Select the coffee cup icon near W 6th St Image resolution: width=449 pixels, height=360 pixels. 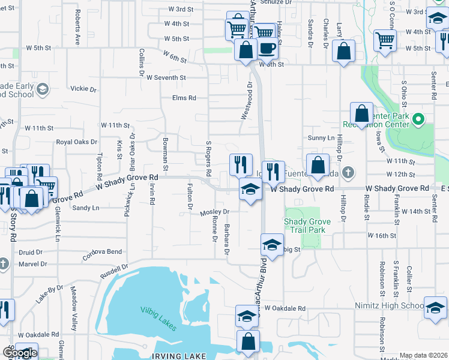point(267,48)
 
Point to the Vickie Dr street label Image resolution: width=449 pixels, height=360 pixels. point(83,89)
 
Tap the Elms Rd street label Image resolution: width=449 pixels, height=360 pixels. point(184,98)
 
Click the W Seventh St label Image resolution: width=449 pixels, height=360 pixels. point(166,77)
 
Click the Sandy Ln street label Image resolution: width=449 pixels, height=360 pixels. point(85,208)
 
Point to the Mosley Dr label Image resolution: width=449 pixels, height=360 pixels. point(215,212)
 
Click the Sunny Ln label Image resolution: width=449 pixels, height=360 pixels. point(321,137)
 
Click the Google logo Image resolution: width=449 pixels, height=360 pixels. point(19,353)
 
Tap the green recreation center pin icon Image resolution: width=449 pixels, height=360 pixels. point(420,119)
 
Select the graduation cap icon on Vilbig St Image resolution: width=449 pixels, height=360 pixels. point(271,245)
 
